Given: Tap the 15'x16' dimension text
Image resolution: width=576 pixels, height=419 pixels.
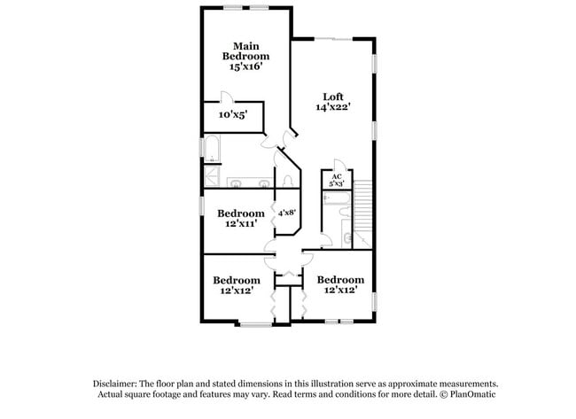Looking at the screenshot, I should click(245, 66).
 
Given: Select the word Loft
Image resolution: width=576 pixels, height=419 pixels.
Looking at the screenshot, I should click(332, 97).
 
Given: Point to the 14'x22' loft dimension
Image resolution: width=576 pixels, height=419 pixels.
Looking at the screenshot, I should click(332, 108).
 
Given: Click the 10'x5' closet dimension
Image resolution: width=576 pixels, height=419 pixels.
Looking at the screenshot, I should click(232, 115).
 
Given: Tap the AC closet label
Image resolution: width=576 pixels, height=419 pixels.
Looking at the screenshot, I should click(337, 177).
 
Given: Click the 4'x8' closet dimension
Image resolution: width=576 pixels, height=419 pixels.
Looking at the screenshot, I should click(286, 213).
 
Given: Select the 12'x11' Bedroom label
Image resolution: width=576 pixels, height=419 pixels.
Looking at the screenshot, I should click(240, 219).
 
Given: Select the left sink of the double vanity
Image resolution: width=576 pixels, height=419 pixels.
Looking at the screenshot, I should click(235, 184).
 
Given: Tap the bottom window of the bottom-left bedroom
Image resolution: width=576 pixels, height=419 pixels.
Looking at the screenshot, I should click(255, 324).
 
